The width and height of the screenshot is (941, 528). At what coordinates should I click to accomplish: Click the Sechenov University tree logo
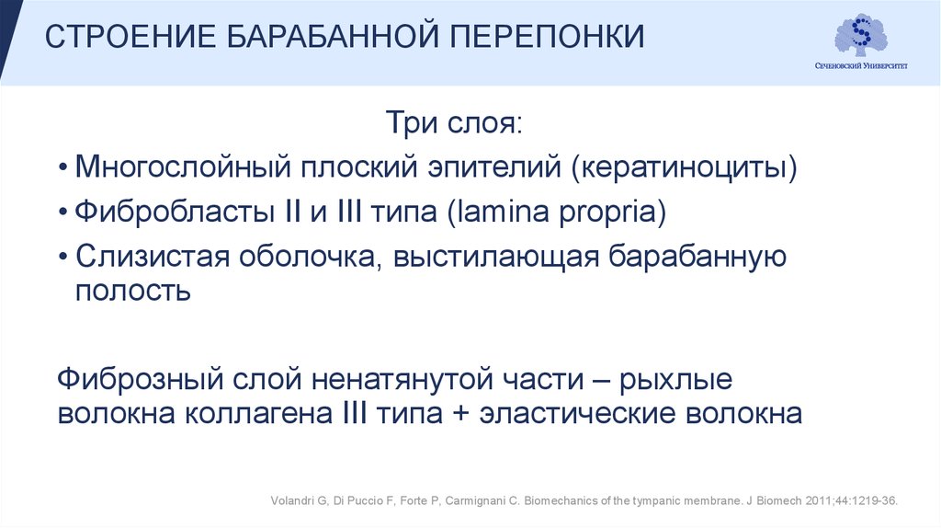[x=860, y=35]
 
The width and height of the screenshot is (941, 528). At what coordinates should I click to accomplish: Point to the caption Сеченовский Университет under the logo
[x=861, y=66]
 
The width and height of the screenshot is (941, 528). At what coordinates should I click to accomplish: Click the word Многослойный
[x=178, y=168]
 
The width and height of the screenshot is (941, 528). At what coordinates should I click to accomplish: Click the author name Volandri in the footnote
[x=291, y=500]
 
